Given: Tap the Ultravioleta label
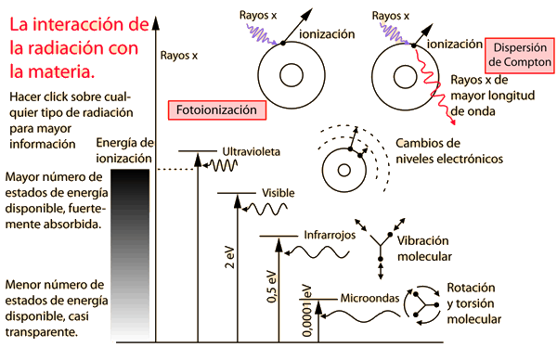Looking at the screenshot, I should coord(251,150).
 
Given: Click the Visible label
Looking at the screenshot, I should coord(278,192).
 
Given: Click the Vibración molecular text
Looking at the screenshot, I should coord(424,248).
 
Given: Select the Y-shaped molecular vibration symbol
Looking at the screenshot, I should coord(381,243).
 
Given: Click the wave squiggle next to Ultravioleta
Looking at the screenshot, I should coord(223,166).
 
